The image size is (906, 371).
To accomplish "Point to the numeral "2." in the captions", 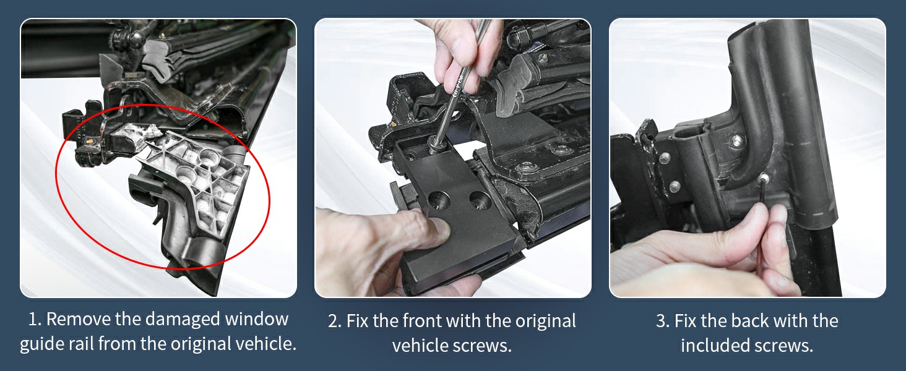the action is coord(335,322).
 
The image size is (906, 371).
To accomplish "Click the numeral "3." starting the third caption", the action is coord(663,322).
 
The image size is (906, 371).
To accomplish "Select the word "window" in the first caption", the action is coord(257,319).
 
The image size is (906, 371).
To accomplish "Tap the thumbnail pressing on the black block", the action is coord(441,228).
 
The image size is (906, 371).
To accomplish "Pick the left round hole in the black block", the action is coord(439,199).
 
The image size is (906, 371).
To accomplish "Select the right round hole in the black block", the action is coord(480,199).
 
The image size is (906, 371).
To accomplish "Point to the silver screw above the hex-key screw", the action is coord(737,140).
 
